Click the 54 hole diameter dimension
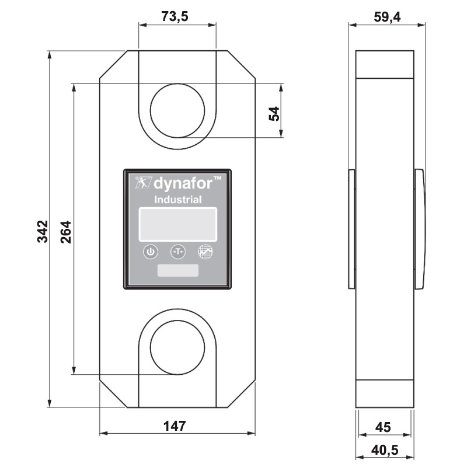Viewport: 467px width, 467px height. [274, 112]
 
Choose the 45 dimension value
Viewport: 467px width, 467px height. [382, 427]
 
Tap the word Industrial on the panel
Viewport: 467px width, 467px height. [178, 200]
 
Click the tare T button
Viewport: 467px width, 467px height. [177, 252]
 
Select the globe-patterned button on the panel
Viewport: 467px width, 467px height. [205, 252]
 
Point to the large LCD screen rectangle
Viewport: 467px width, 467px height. [177, 224]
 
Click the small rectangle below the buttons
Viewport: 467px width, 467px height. [177, 271]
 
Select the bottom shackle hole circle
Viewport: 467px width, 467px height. [177, 347]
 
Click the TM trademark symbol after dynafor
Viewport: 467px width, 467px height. [215, 178]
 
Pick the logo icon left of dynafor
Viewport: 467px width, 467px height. [142, 183]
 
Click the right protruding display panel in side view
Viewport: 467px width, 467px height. [420, 229]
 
